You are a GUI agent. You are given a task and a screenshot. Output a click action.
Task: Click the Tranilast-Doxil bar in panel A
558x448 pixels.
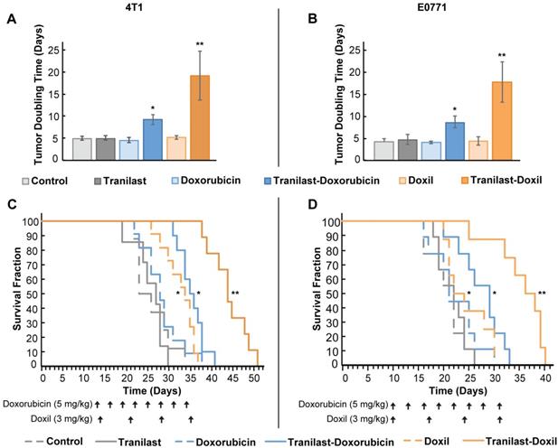199,117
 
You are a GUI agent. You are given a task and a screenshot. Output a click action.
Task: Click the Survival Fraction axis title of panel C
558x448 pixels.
20,294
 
